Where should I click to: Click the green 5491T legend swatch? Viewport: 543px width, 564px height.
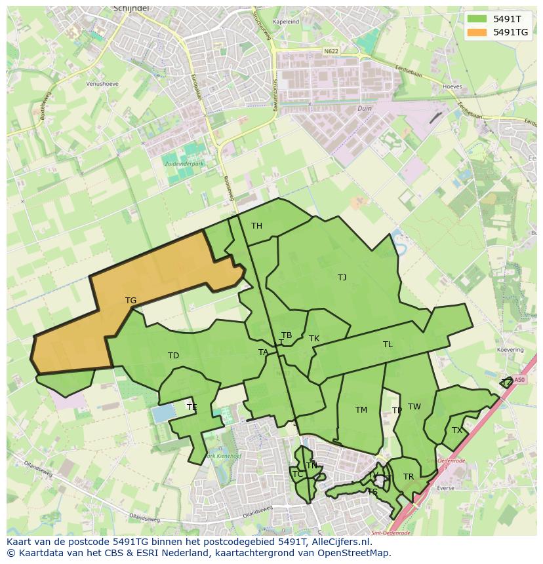click(477, 19)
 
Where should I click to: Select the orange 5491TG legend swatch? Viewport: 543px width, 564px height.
click(477, 32)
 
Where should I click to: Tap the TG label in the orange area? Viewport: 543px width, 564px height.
click(131, 301)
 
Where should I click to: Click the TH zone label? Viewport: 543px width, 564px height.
click(256, 226)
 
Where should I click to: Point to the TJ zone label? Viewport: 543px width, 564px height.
click(342, 278)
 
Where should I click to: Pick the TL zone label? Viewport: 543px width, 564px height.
click(388, 345)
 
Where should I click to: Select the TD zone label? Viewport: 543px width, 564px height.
click(173, 356)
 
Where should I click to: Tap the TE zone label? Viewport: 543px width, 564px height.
click(191, 407)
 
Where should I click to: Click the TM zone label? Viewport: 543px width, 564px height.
click(361, 410)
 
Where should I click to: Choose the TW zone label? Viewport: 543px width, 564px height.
click(414, 407)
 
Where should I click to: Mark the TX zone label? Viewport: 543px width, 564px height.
click(456, 430)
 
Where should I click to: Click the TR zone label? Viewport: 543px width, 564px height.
click(409, 477)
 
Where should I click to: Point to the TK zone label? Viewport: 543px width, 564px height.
click(314, 339)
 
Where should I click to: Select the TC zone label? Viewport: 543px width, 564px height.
click(297, 474)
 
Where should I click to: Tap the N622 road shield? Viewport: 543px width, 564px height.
click(332, 50)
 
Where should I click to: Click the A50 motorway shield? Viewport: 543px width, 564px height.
click(519, 379)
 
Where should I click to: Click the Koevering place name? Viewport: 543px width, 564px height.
click(510, 350)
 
